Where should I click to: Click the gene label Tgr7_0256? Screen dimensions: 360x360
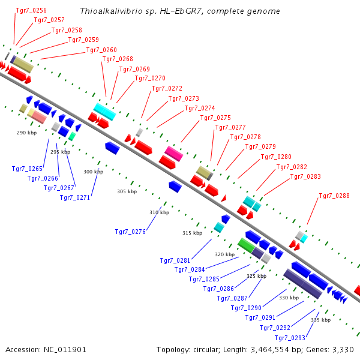click(x=31, y=10)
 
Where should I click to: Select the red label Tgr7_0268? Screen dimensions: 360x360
click(x=118, y=59)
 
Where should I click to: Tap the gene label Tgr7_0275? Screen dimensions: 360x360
click(x=215, y=118)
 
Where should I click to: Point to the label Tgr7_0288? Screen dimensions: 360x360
click(x=334, y=196)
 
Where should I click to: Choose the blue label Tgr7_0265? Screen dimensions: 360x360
click(x=27, y=169)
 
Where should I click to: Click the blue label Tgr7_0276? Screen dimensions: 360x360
click(x=130, y=232)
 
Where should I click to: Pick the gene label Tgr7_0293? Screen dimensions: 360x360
click(x=290, y=338)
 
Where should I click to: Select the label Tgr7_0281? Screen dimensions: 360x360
click(x=175, y=260)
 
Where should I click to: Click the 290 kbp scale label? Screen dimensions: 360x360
click(x=26, y=133)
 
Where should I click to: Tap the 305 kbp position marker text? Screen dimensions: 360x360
click(x=127, y=191)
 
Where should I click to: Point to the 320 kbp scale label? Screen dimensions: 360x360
click(x=225, y=254)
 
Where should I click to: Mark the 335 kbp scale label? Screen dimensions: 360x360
click(x=321, y=320)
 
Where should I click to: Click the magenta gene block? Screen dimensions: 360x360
click(x=174, y=154)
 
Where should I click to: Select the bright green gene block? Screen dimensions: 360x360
click(x=246, y=245)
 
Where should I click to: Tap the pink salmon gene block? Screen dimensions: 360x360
click(x=39, y=116)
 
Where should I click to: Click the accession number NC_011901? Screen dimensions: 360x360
click(x=65, y=350)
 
